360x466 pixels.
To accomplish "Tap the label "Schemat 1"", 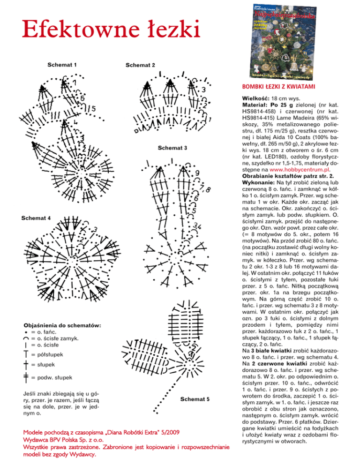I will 63,64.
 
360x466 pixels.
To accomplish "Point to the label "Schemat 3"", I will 172,148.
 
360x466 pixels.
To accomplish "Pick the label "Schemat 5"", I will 195,399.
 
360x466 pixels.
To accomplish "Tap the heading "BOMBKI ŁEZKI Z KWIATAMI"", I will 278,87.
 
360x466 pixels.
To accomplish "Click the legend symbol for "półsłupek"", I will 26,356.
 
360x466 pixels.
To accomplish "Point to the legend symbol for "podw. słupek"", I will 26,377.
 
